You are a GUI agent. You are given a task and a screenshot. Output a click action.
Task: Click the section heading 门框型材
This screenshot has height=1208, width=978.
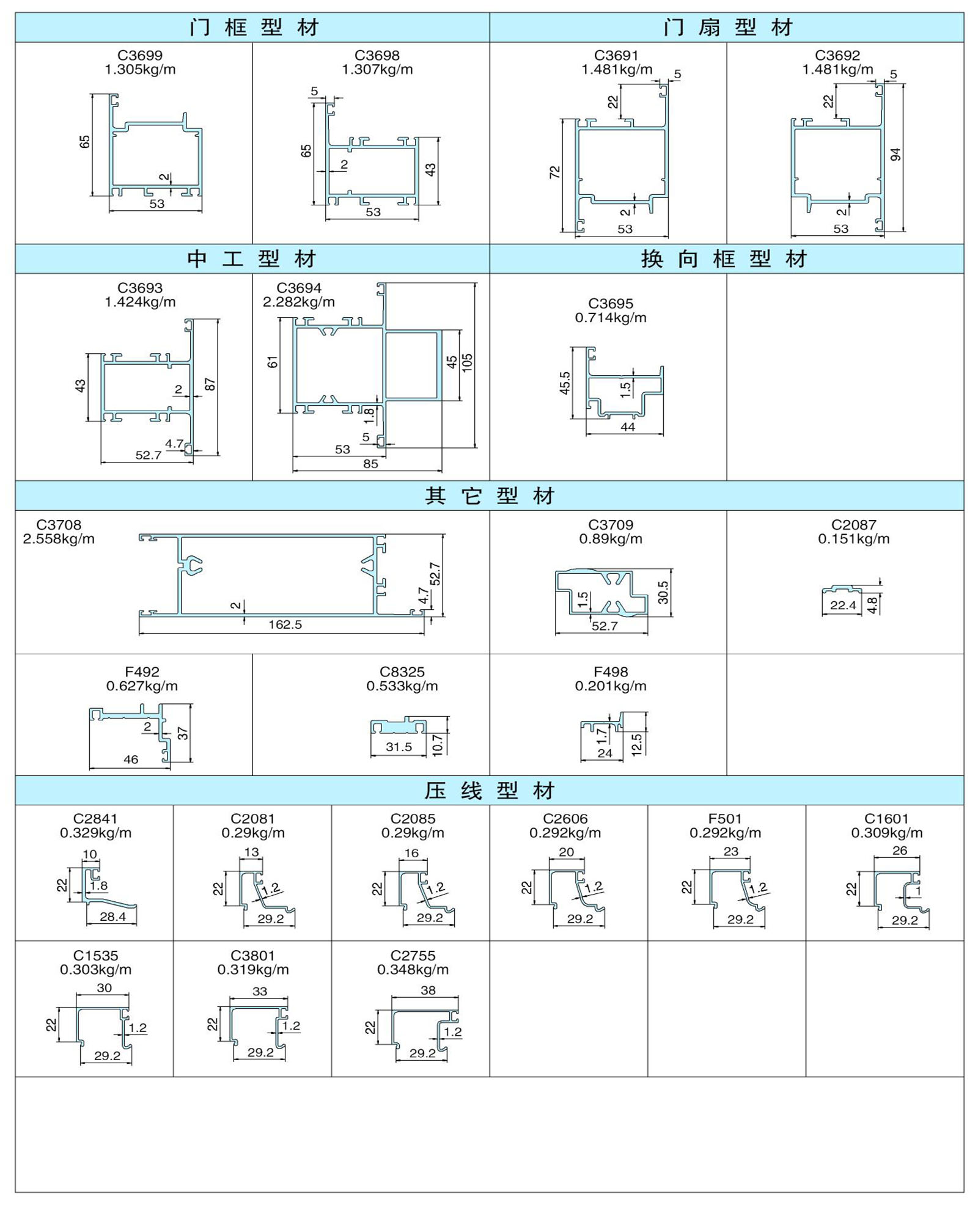(x=254, y=27)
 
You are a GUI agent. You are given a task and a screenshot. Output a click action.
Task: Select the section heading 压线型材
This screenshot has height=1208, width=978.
(x=490, y=791)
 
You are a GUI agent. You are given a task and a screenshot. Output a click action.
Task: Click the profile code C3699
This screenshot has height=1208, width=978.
(x=140, y=56)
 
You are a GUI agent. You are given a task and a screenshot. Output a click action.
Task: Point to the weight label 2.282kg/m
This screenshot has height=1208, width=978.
(x=299, y=302)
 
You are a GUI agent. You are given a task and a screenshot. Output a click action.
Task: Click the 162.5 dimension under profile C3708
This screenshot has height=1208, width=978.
(x=285, y=624)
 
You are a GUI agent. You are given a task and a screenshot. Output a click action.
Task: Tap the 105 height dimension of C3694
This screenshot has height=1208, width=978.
(x=468, y=363)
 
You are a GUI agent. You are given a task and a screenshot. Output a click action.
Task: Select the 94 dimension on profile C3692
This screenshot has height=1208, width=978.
(x=895, y=155)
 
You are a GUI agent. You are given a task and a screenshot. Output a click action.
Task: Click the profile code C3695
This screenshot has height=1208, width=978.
(x=611, y=304)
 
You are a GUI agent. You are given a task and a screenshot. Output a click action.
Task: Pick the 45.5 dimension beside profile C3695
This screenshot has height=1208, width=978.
(x=565, y=383)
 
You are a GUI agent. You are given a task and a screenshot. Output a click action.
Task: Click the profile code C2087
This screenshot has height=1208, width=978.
(x=853, y=525)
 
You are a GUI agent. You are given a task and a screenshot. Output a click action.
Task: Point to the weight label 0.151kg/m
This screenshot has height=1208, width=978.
(x=854, y=539)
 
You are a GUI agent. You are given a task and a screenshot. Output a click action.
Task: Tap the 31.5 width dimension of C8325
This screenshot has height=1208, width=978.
(x=399, y=747)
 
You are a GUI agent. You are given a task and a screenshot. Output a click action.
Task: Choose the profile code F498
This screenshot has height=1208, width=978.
(x=611, y=672)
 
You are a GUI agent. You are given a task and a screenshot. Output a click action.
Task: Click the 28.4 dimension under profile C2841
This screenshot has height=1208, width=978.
(x=112, y=917)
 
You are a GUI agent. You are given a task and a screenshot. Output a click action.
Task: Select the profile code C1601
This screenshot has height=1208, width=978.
(x=886, y=819)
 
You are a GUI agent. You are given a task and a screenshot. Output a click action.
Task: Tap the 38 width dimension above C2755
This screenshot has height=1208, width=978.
(x=428, y=990)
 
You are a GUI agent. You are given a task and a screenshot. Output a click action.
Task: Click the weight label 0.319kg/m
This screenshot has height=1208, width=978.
(x=253, y=970)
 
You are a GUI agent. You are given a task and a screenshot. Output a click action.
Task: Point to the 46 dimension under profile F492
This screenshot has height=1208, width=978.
(x=131, y=760)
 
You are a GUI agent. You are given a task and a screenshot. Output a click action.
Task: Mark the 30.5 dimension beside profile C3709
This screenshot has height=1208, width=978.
(x=663, y=592)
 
